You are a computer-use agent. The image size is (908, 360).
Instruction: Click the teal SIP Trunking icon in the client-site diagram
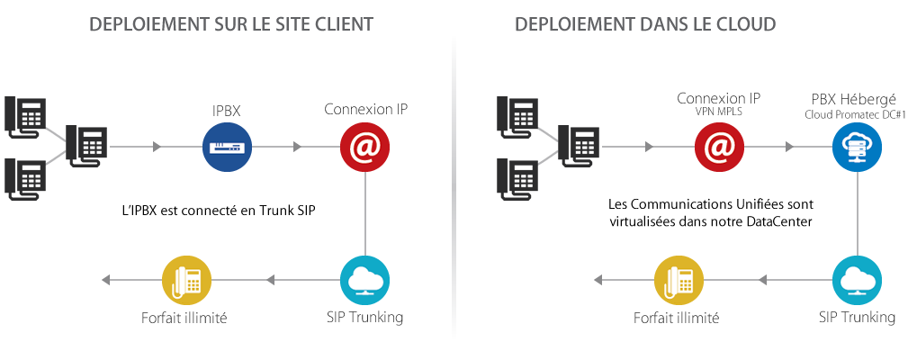tap(364, 282)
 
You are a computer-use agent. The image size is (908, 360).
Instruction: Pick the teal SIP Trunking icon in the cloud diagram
tap(856, 282)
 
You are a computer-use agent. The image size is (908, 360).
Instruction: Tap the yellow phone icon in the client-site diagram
tap(185, 282)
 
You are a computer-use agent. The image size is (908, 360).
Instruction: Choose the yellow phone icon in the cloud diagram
tap(678, 282)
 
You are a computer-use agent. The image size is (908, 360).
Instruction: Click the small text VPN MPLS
tap(718, 112)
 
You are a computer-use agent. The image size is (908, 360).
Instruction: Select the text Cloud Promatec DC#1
tap(856, 114)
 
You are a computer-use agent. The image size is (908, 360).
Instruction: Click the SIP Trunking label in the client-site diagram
tap(364, 318)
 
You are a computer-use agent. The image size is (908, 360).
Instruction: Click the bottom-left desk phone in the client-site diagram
tap(24, 177)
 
